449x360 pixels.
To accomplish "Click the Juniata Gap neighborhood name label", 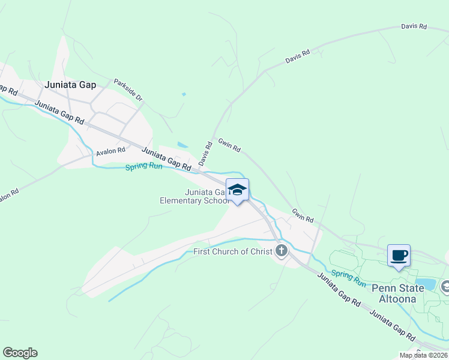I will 70,85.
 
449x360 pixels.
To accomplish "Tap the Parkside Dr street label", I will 128,90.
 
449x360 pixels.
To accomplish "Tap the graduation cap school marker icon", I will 237,190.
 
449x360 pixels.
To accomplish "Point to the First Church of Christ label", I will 233,251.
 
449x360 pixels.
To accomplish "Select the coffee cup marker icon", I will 399,256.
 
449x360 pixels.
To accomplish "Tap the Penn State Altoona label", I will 397,293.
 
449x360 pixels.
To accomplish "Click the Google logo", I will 20,353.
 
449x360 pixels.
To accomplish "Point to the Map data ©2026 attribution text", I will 423,355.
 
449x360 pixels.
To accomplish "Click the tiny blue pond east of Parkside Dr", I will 184,94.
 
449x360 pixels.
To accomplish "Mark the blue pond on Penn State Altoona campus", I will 425,283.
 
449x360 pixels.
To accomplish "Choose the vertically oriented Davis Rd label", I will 206,154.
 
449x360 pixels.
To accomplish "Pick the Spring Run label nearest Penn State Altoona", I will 348,278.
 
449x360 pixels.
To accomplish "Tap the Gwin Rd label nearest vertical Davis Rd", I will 229,144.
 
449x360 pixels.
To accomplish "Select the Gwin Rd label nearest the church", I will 303,216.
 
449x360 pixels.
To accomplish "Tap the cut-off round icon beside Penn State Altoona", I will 445,287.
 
